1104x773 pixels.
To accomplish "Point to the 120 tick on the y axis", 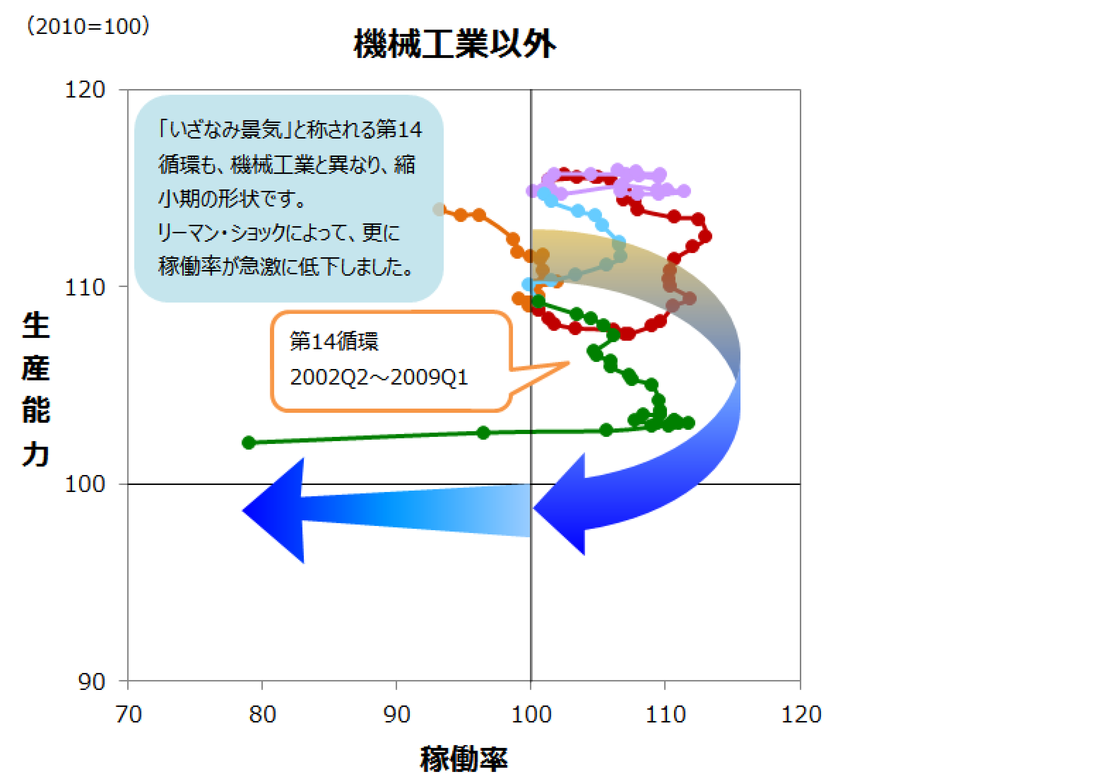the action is (85, 90).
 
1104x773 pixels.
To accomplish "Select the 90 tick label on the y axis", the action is (91, 681).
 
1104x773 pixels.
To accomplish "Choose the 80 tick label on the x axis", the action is (262, 714).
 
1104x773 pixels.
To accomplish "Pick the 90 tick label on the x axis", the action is (397, 714).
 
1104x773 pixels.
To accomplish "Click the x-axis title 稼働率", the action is (464, 759).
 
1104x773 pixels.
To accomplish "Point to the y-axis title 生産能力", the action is (36, 389).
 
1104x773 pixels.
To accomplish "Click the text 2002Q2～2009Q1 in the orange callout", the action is (379, 377).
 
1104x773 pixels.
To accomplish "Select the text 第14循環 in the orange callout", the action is (334, 341).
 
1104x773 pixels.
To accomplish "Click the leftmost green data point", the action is (249, 443).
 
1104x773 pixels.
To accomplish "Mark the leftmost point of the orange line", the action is (438, 209).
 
